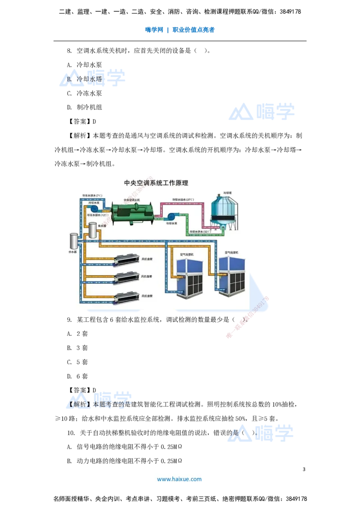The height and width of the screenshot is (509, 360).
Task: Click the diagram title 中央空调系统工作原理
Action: [156, 183]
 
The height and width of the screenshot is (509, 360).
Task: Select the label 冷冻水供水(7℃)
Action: [92, 196]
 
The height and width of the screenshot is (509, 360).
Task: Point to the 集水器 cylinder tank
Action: [93, 230]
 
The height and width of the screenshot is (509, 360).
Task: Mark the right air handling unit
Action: [232, 275]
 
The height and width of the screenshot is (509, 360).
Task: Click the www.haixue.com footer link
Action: [179, 479]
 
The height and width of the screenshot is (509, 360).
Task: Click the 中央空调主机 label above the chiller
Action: [132, 200]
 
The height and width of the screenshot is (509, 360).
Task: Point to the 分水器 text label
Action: [72, 253]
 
